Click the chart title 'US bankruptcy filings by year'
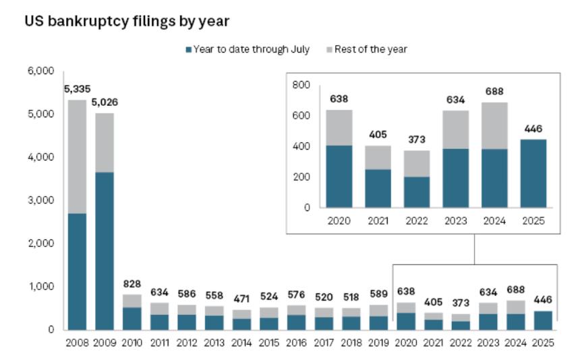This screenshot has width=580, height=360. coord(127,22)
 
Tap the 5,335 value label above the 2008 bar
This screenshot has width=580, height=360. coord(77,89)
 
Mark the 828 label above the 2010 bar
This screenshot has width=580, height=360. coord(132,283)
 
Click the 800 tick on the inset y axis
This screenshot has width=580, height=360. coord(301,85)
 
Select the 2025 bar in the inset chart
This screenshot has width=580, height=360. coord(532,173)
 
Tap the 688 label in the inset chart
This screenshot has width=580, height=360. coord(494,91)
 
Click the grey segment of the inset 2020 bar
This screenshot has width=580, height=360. coord(339,127)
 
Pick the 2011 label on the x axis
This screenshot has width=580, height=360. coord(159,342)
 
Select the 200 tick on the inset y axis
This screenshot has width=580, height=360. coord(301,177)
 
